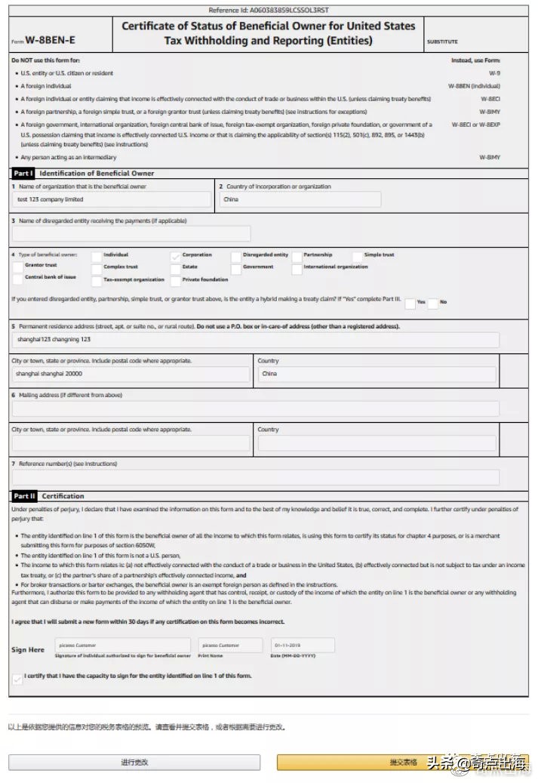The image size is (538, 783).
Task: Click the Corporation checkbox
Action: click(x=176, y=257)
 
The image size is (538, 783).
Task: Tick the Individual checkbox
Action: click(x=97, y=257)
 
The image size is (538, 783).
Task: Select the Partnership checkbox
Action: click(x=297, y=257)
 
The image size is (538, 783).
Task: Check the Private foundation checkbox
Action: click(x=176, y=281)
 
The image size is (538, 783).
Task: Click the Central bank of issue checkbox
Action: click(x=18, y=279)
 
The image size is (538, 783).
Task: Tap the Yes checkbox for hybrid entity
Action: click(x=410, y=304)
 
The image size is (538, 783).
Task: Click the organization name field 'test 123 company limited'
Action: click(x=112, y=200)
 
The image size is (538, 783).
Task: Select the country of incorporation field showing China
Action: click(x=300, y=200)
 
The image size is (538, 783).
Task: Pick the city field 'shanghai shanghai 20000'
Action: click(x=131, y=374)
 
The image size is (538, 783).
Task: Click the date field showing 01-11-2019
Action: click(x=302, y=646)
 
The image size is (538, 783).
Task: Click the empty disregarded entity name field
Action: click(x=131, y=233)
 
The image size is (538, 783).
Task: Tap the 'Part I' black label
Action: click(x=23, y=174)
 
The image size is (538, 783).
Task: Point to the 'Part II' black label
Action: click(x=24, y=496)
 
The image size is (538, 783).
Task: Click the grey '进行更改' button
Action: click(x=134, y=763)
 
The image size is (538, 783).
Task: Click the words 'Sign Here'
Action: click(x=28, y=650)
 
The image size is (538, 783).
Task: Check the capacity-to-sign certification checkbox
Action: click(x=17, y=679)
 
